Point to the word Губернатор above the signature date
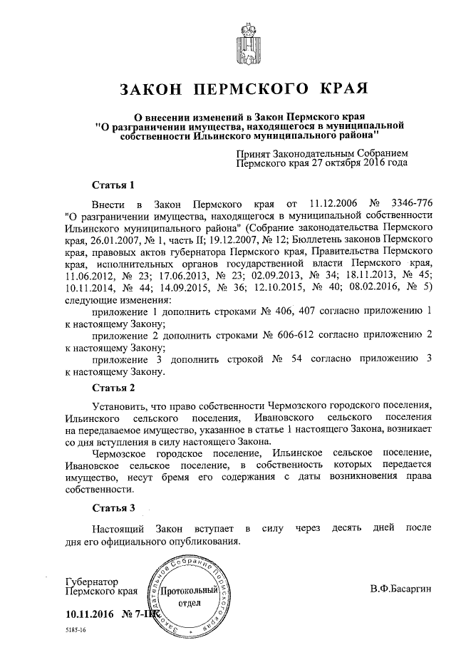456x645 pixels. [90, 582]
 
